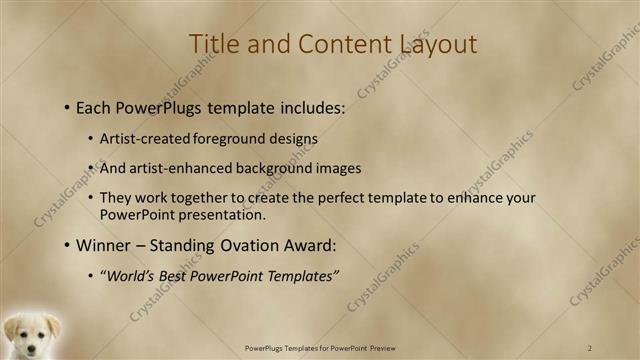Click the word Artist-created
pyautogui.click(x=139, y=139)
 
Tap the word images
pyautogui.click(x=335, y=168)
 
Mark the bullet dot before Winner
pyautogui.click(x=66, y=245)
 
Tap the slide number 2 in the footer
pyautogui.click(x=590, y=347)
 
